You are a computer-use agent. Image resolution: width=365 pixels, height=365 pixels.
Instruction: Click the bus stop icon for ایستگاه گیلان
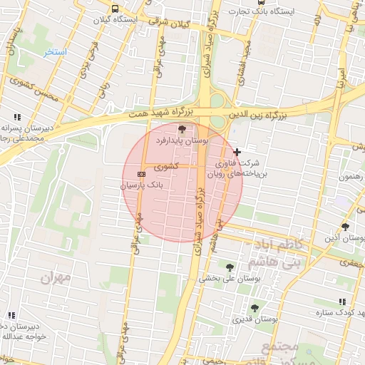(115, 9)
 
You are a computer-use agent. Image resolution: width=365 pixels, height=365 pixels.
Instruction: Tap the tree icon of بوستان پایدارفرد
(182, 129)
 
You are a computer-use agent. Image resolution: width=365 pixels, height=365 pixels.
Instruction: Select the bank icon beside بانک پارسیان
(141, 173)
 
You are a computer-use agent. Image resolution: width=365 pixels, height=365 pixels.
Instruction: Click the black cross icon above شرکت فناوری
(237, 152)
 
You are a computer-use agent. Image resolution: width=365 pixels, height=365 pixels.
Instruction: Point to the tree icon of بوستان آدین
(346, 227)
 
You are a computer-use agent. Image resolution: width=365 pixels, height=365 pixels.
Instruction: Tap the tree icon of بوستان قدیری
(255, 308)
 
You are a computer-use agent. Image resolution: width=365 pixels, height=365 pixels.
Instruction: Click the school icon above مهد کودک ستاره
(342, 302)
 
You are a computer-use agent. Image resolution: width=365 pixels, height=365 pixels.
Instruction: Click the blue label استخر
(55, 52)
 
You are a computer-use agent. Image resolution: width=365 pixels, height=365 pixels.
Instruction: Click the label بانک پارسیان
(141, 185)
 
